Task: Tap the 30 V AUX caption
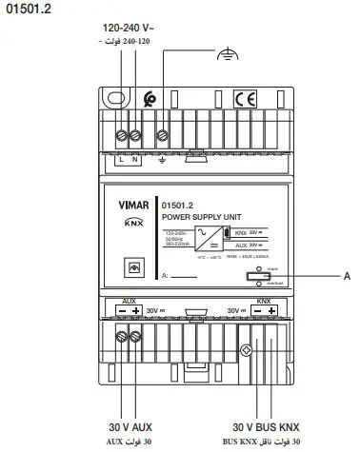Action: (x=130, y=427)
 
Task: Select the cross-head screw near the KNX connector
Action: (x=250, y=349)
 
